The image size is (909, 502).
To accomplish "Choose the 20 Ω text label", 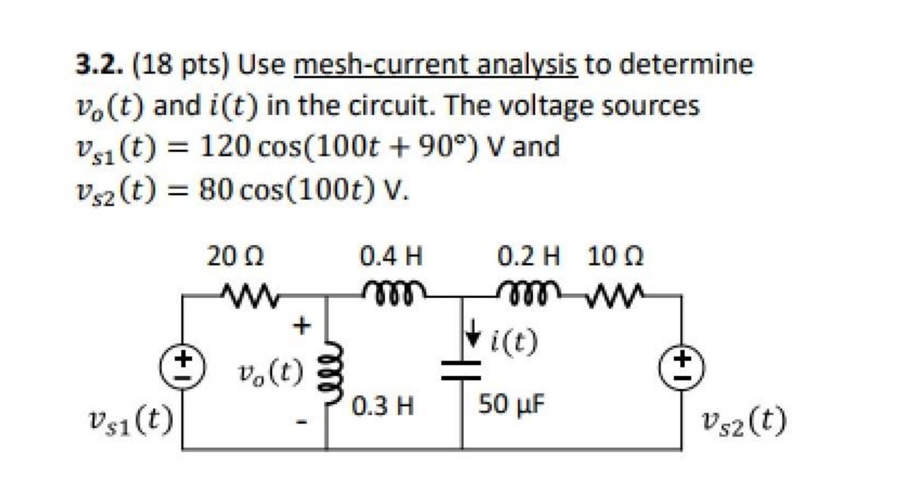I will [235, 256].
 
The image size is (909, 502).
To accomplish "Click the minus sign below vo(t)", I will [302, 423].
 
